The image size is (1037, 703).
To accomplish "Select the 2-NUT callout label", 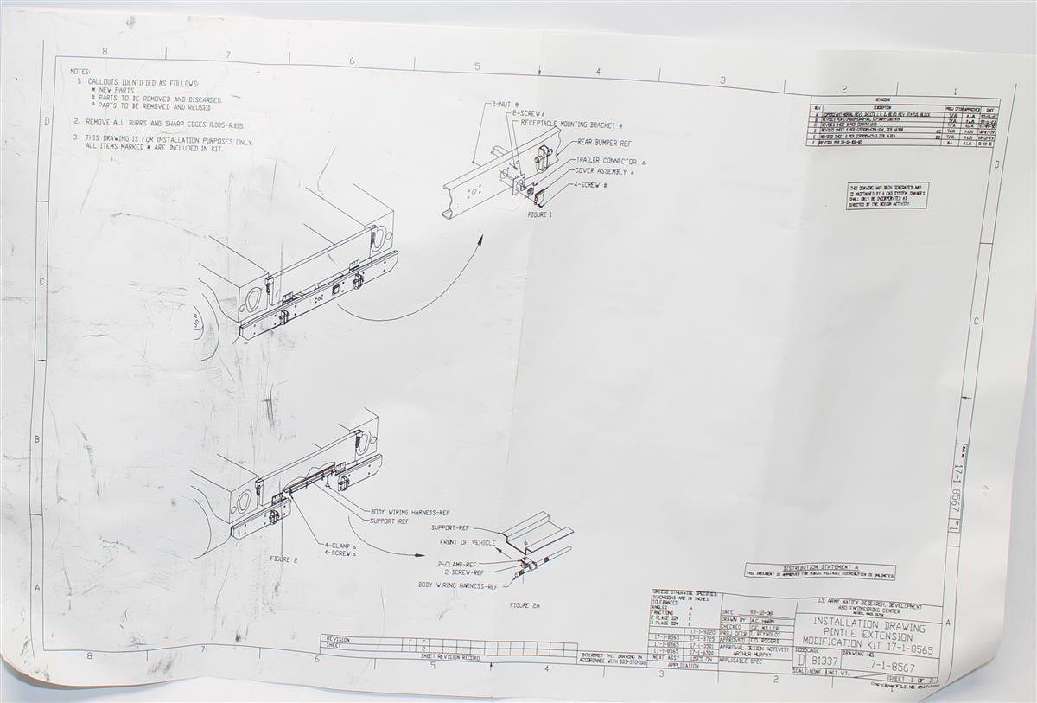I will point(504,104).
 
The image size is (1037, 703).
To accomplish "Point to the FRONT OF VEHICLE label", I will point(468,542).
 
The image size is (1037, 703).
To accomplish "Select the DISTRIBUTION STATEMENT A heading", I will point(820,567).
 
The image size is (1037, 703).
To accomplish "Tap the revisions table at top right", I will point(903,122).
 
